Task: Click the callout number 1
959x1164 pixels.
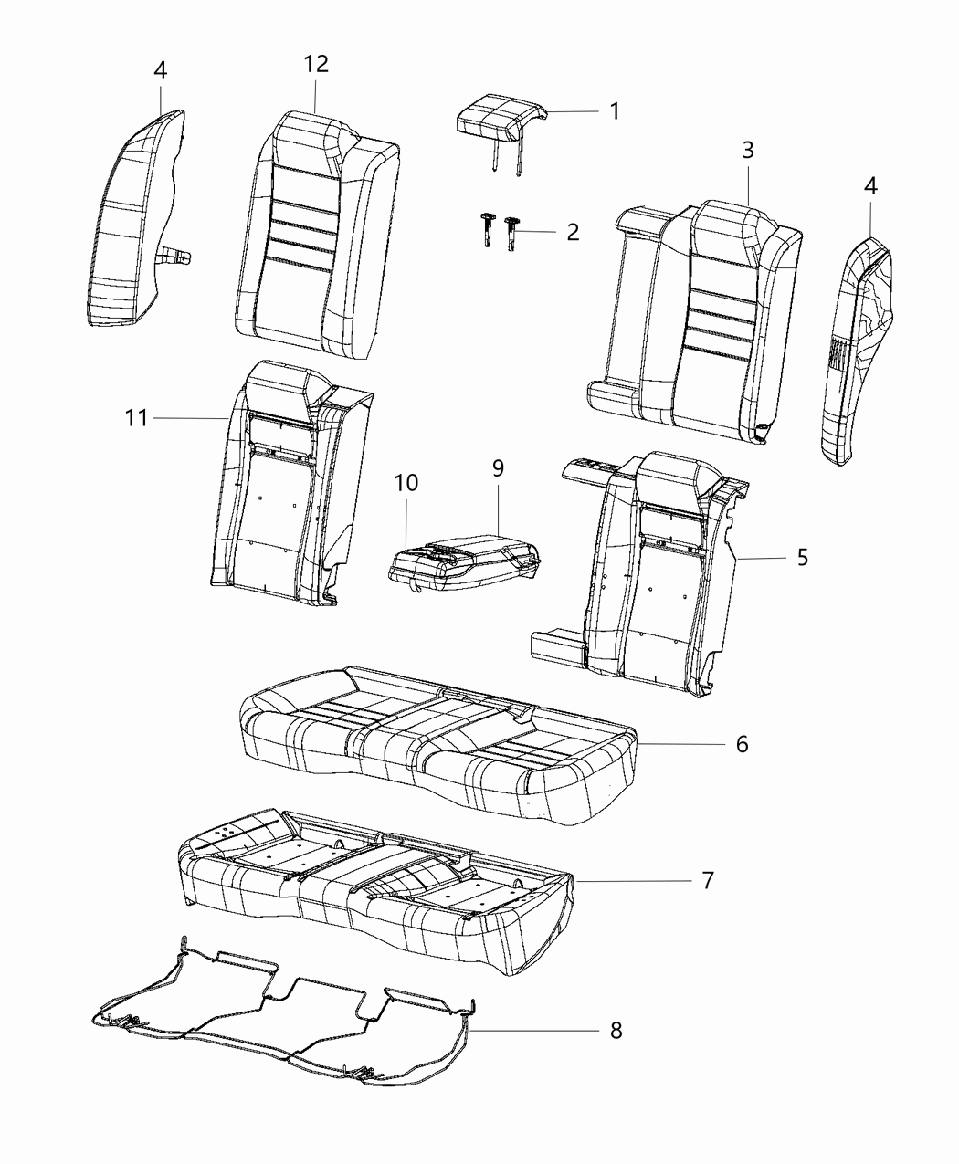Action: point(615,111)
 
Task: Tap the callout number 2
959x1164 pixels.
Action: point(573,232)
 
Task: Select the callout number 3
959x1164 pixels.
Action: point(747,151)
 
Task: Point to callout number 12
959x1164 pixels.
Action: point(316,64)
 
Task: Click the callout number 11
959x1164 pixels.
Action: point(136,418)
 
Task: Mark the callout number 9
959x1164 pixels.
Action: point(498,468)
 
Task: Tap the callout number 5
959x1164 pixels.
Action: point(802,557)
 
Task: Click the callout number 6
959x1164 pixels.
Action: point(742,744)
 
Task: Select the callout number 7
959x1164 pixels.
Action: point(707,881)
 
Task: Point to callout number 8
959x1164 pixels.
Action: point(616,1031)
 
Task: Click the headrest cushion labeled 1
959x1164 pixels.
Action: point(498,121)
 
